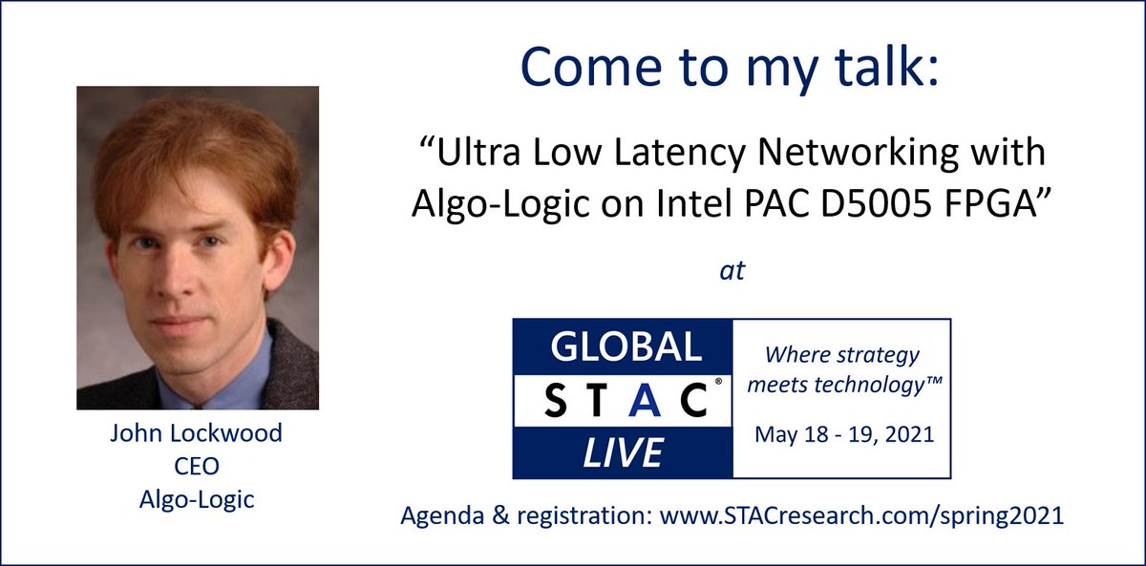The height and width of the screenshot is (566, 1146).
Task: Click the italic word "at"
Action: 731,271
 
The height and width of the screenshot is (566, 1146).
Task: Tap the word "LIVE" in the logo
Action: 622,452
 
